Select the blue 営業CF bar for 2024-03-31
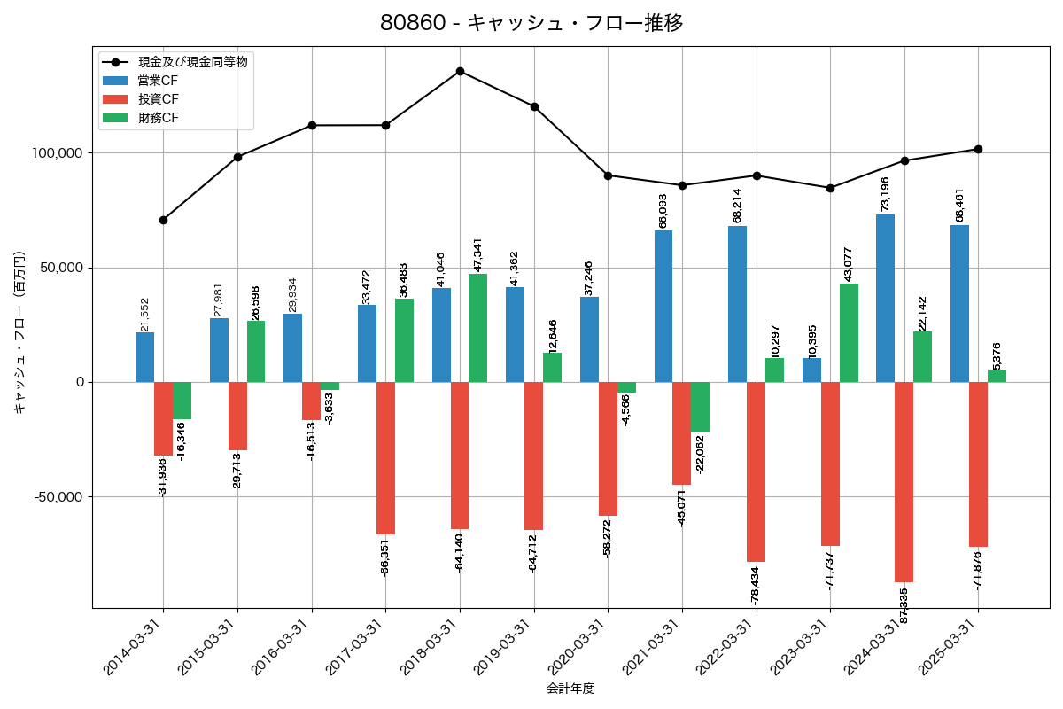(x=885, y=298)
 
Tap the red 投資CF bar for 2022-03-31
(x=756, y=471)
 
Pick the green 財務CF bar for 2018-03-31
(x=477, y=328)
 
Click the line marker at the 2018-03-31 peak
(x=460, y=71)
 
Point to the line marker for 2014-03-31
(x=163, y=220)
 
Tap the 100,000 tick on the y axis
(x=57, y=153)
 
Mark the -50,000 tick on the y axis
(x=58, y=497)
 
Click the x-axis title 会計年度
(x=570, y=689)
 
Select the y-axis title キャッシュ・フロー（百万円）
(x=19, y=332)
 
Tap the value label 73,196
(x=885, y=193)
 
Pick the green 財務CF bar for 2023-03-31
(x=849, y=332)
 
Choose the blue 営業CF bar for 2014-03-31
(x=144, y=357)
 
